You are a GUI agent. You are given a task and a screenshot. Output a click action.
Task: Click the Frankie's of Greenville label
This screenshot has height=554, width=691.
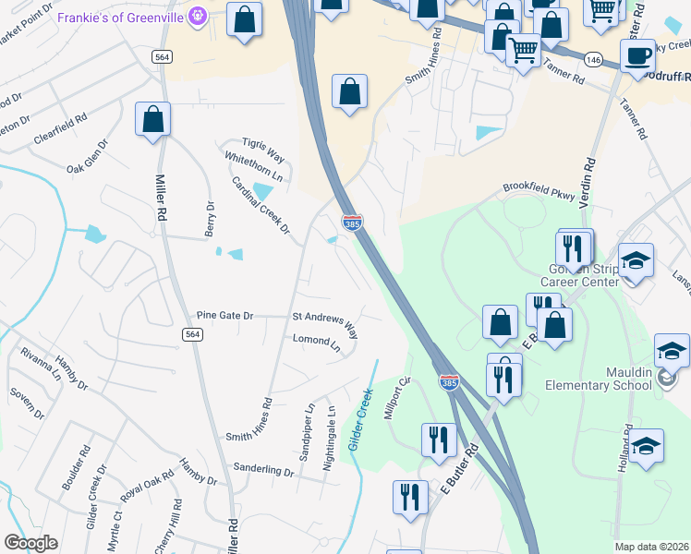point(122,17)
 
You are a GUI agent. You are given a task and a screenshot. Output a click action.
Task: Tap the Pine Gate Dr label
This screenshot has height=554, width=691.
point(224,315)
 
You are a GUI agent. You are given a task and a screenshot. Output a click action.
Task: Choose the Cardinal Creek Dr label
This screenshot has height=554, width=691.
point(261,204)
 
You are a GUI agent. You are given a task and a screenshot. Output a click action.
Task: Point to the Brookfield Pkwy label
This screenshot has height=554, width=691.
point(539,191)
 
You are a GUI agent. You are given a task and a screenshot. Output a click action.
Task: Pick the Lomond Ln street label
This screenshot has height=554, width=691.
point(311,340)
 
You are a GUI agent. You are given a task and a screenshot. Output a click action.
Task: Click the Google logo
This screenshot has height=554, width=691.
point(30,543)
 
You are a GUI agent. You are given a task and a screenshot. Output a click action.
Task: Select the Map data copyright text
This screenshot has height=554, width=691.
point(652,547)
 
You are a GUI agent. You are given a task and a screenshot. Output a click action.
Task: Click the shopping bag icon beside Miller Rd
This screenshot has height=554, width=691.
point(152,121)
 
